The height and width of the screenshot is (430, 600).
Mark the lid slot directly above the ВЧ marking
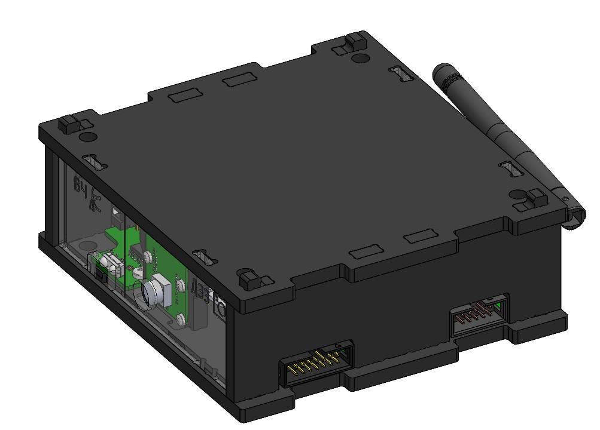93,161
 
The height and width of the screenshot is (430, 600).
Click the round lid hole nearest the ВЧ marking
86,137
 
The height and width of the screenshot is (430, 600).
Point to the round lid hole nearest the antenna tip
360,58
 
